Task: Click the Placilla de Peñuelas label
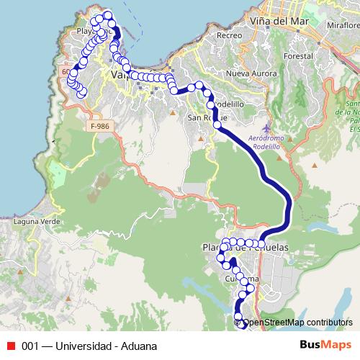click(246, 247)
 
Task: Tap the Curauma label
click(241, 279)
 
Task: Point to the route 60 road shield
click(67, 72)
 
